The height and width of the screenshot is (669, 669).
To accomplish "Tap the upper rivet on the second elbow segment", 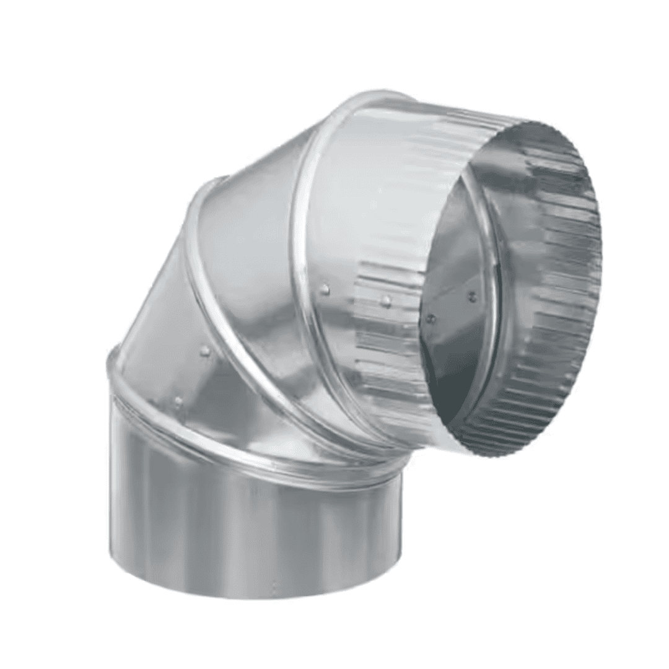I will point(204,351).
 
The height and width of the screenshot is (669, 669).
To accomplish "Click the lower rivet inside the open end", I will point(431,319).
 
